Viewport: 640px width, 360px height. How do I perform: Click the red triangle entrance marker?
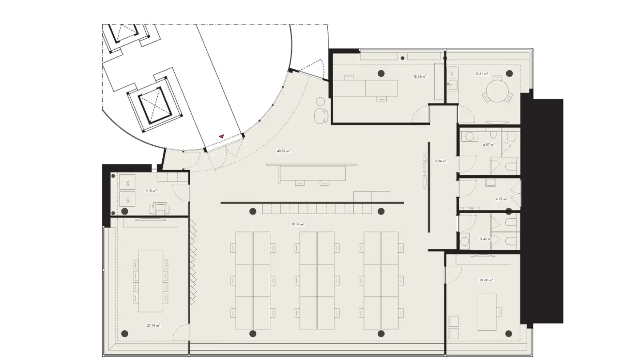[221, 136]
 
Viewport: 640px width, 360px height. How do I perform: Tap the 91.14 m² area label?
[298, 225]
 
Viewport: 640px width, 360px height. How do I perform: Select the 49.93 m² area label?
[284, 151]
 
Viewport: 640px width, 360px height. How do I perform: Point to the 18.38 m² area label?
[420, 76]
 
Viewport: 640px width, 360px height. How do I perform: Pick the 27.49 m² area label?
[153, 325]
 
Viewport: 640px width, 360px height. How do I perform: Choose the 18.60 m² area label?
[486, 280]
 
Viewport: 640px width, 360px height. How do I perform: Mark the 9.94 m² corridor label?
[441, 161]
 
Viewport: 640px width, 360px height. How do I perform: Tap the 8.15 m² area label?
[151, 191]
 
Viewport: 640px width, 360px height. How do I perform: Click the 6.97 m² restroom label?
[488, 144]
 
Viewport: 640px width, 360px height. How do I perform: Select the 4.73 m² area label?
[501, 200]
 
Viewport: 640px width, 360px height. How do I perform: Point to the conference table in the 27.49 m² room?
[151, 281]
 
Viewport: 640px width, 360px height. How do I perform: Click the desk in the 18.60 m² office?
[487, 312]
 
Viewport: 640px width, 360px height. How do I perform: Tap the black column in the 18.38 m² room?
[381, 73]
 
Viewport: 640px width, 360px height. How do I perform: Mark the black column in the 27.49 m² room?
[125, 333]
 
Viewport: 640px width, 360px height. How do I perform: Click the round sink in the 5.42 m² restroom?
[465, 241]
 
